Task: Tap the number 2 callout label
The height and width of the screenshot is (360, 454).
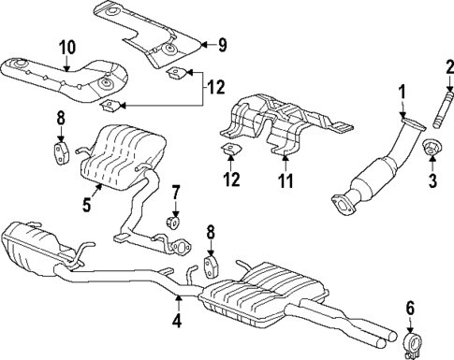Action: tap(448, 66)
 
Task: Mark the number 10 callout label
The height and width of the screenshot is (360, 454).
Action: tap(66, 47)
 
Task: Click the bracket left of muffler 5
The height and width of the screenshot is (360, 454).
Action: tap(58, 150)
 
